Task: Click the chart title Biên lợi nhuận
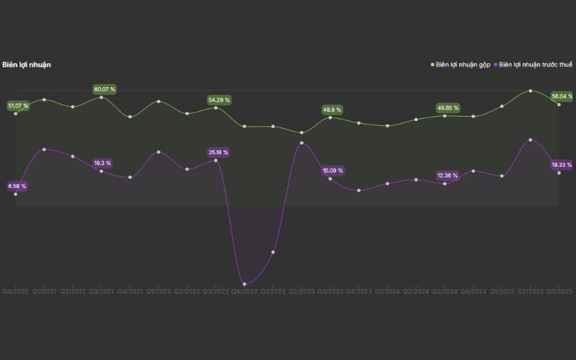[27, 65]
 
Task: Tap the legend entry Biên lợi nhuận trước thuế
[536, 65]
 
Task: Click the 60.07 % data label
[104, 89]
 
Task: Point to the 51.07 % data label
[18, 106]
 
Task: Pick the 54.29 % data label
[219, 100]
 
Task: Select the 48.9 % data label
[333, 110]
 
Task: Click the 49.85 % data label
[448, 108]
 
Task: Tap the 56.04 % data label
[562, 96]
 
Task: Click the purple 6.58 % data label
[17, 186]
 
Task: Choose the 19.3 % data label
[104, 163]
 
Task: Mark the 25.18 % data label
[218, 153]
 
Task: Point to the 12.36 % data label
[448, 176]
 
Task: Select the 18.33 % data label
[562, 165]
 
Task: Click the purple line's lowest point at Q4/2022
[244, 284]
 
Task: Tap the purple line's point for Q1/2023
[273, 252]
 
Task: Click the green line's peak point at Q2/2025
[531, 91]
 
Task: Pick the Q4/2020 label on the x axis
[15, 292]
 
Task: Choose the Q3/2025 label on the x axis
[559, 292]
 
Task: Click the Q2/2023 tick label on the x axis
[302, 292]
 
